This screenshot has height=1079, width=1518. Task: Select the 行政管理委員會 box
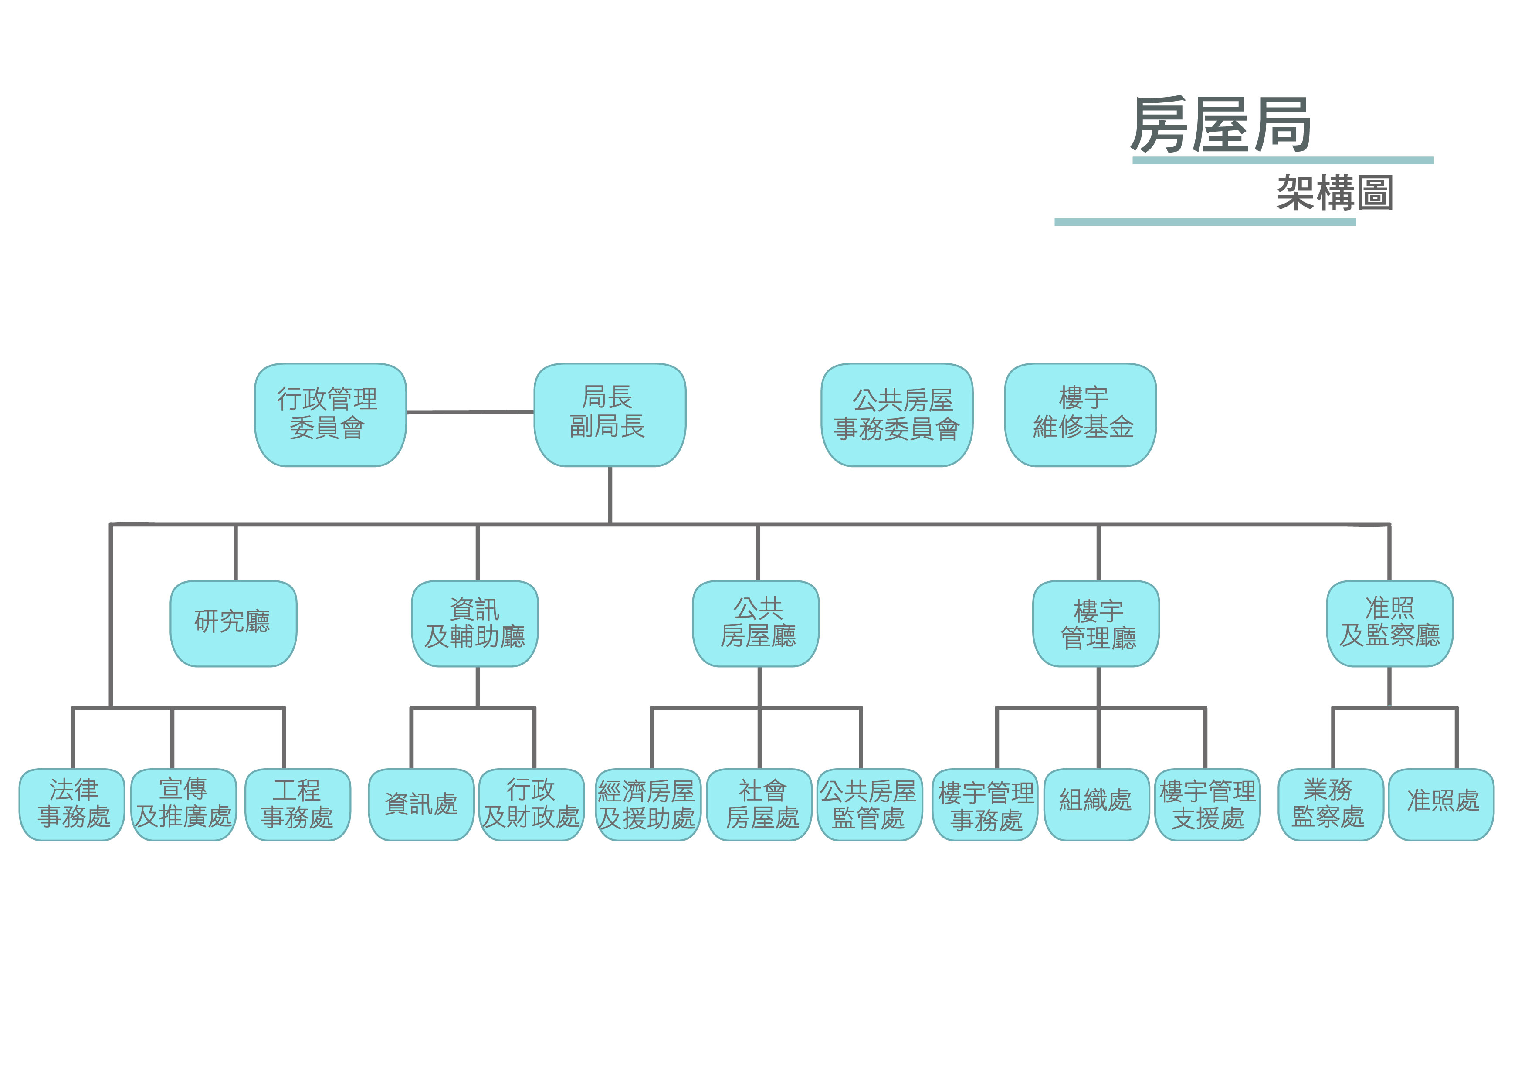click(330, 414)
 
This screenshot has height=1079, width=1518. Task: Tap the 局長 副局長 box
click(610, 414)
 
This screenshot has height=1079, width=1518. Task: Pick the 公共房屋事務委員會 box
click(897, 414)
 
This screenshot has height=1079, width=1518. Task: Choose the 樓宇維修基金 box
click(1080, 414)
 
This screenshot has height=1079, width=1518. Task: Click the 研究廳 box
click(233, 623)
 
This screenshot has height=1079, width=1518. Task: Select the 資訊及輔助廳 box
click(475, 623)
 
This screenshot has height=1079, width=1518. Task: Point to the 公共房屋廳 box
click(756, 623)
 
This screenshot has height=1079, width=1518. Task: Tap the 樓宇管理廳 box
click(1096, 623)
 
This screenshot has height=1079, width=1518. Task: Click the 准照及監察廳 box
click(1390, 623)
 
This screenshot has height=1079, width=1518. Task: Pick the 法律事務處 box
click(72, 804)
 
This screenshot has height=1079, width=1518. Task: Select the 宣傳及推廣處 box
click(183, 804)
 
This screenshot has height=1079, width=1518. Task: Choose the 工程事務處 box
click(298, 804)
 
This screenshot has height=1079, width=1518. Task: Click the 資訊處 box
click(421, 804)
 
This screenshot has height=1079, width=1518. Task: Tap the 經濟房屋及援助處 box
click(648, 804)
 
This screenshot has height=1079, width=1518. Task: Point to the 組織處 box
click(1097, 804)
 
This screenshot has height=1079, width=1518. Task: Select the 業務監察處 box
click(1331, 804)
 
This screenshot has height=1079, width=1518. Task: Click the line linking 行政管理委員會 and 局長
click(471, 412)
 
